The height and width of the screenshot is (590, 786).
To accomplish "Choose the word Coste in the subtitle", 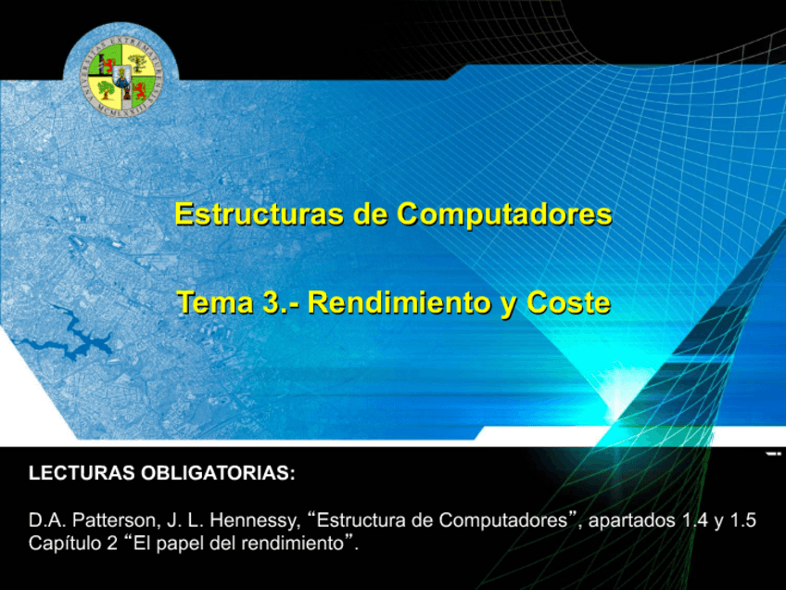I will (x=569, y=302).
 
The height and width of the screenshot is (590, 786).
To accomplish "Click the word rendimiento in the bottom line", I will (x=293, y=544).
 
